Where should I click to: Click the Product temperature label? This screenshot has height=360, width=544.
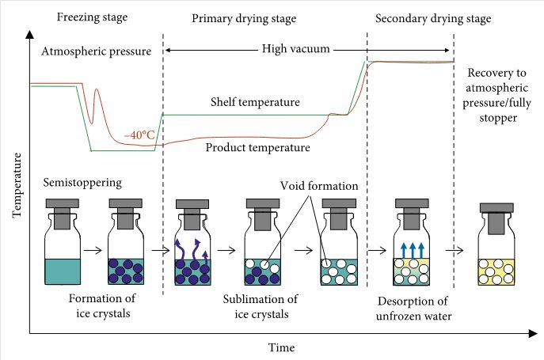257,147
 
